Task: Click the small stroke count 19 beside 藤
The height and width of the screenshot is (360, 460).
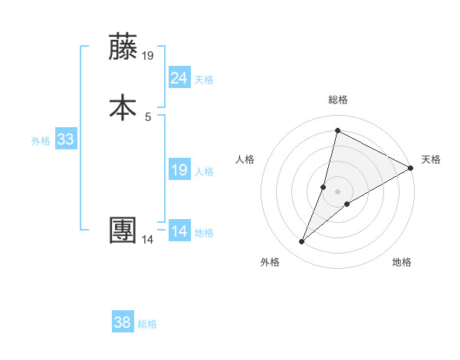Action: (149, 56)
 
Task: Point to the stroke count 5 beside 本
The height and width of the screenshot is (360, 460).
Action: (148, 117)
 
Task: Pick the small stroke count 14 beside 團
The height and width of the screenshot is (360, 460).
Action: (148, 240)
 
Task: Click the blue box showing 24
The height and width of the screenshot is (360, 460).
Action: (179, 77)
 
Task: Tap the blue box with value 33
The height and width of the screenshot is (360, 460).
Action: (66, 139)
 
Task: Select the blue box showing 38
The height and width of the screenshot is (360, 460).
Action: (123, 322)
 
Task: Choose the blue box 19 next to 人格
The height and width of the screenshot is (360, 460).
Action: (179, 170)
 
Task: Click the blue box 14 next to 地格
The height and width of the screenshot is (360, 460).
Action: (179, 231)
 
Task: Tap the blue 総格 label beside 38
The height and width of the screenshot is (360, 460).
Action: (148, 324)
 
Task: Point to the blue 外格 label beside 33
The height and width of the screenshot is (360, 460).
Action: (41, 141)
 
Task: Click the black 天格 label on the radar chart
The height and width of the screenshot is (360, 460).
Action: (431, 159)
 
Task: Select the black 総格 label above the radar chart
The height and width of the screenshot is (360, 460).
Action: (338, 100)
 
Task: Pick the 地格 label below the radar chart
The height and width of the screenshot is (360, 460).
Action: (402, 262)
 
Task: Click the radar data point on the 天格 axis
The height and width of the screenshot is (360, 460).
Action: (412, 169)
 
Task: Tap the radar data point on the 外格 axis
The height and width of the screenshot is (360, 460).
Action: (302, 242)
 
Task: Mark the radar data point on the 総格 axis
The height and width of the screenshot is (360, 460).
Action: (337, 130)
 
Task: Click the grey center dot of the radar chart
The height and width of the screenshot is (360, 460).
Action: (338, 191)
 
